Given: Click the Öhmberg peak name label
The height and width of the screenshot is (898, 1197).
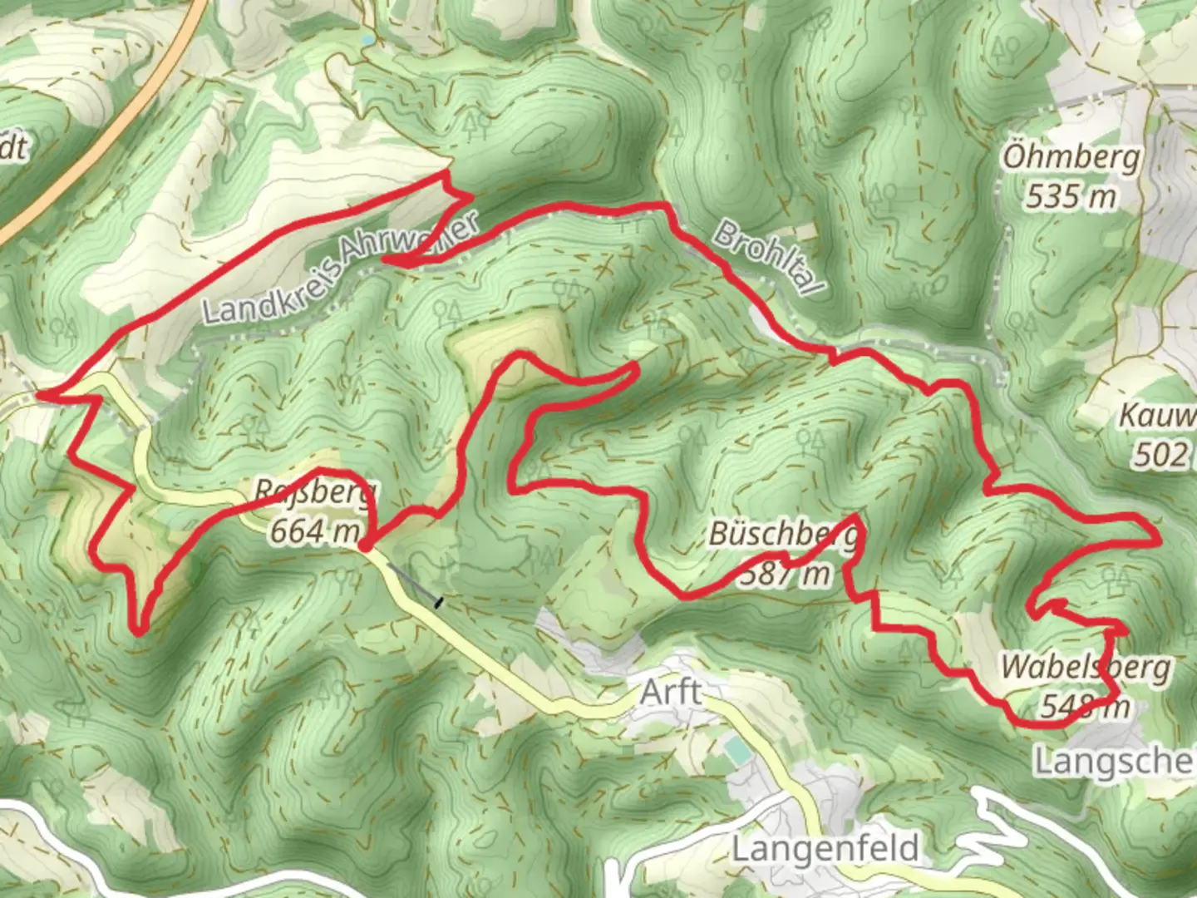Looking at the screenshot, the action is point(1071,157).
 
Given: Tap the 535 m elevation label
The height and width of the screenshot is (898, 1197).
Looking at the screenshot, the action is point(1070,197).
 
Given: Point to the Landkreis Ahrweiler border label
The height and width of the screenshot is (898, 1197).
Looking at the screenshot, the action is point(341,268).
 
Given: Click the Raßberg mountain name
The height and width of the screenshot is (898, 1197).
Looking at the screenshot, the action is point(315,491).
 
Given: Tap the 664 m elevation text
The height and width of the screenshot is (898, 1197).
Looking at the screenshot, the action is point(315,530).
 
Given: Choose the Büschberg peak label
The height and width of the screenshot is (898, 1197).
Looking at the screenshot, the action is point(781,535).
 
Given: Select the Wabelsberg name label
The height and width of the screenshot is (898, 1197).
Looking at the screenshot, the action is point(1086,667).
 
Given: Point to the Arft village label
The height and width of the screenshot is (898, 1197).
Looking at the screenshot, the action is point(670,692).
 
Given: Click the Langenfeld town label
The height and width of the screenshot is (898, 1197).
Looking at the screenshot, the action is point(825,849).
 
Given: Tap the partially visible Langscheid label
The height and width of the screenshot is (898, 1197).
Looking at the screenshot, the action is point(1114,761).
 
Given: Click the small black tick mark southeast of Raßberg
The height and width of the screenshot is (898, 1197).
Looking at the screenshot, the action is point(440,602).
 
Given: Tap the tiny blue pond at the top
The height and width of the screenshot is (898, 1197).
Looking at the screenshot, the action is point(367,39).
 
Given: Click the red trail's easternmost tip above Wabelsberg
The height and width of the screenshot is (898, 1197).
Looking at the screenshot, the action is point(1159,540).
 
